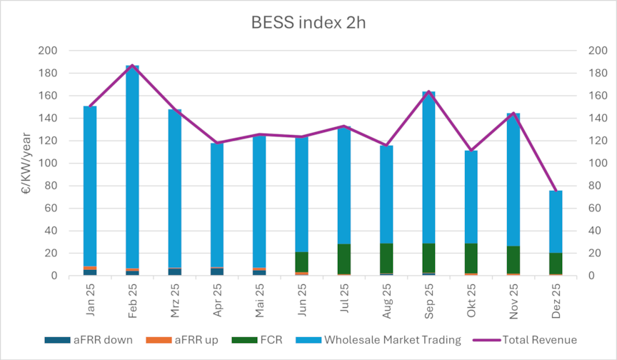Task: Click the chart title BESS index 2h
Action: [308, 23]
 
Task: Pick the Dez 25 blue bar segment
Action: [556, 221]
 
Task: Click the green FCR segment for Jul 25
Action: [344, 259]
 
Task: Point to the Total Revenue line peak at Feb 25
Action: [132, 65]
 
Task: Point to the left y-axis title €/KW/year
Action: [25, 164]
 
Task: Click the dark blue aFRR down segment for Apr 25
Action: [217, 271]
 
